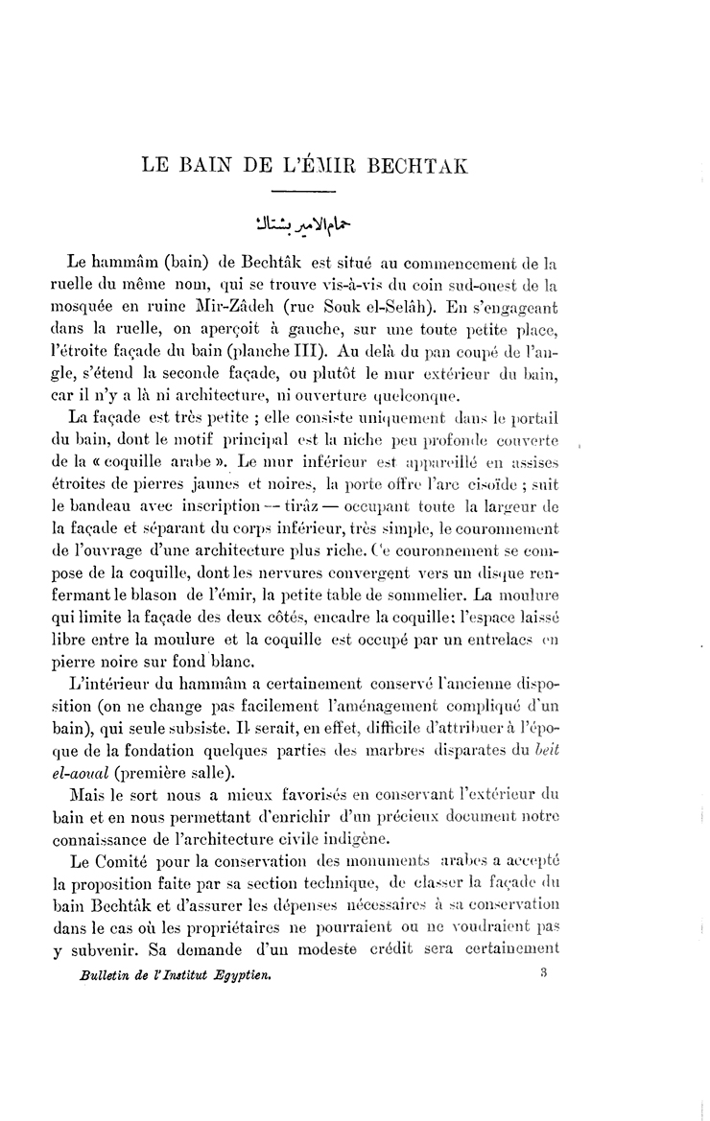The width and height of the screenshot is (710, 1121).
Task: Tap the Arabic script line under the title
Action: [x=298, y=226]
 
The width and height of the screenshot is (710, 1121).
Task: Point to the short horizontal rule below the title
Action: [x=298, y=193]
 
